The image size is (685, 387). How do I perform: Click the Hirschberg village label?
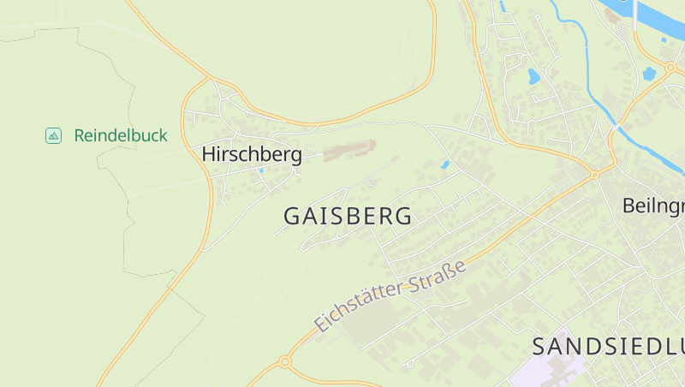point(252,155)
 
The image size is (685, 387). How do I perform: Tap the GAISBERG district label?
point(348,217)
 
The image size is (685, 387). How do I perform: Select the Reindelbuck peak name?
point(121,135)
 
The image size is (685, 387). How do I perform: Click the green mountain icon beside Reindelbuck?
point(53,135)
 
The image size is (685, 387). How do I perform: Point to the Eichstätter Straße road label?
point(390,295)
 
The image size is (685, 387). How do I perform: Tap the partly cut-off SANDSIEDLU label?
point(608,347)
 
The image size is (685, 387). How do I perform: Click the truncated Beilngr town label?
point(652,206)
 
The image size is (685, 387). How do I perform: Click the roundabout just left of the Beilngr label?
point(594,175)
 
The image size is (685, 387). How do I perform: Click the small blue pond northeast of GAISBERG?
point(444,164)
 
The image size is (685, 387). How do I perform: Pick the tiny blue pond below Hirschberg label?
point(261,170)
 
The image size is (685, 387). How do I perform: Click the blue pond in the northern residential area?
point(533,76)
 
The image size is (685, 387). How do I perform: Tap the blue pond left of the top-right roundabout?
point(649,74)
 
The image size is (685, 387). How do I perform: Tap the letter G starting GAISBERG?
point(292,217)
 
